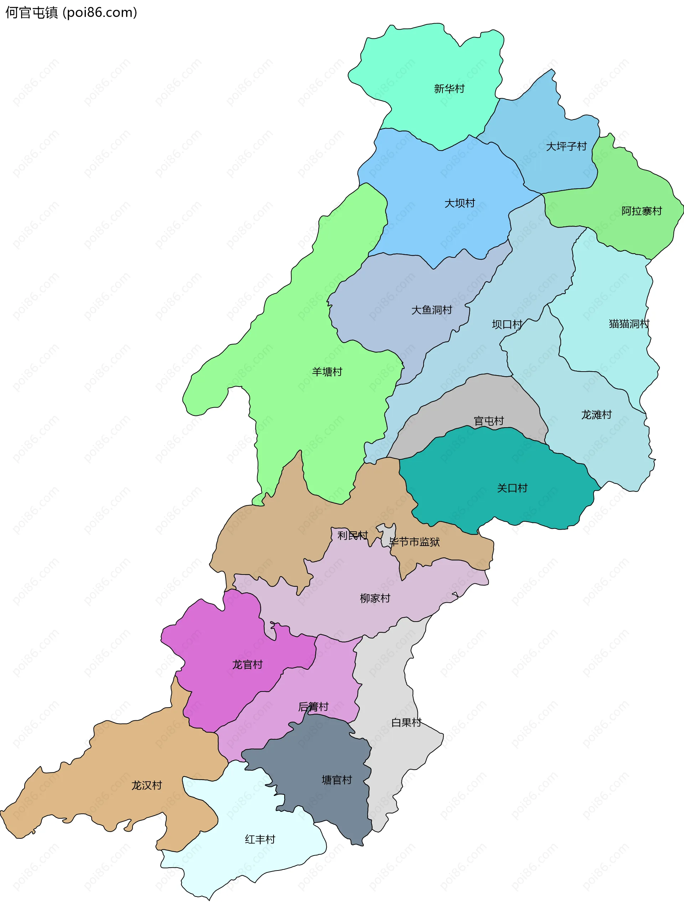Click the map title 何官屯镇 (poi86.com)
[x=71, y=13]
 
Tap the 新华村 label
[x=449, y=89]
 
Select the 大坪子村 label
[x=566, y=146]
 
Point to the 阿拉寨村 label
[x=641, y=211]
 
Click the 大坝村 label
[x=459, y=203]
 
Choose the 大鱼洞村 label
[x=431, y=310]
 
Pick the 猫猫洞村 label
[x=628, y=323]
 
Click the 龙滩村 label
[x=596, y=415]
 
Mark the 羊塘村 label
[x=327, y=372]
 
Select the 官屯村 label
[x=488, y=421]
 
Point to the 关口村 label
[x=512, y=488]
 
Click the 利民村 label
[x=352, y=535]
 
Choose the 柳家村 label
[x=375, y=598]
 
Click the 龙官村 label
[x=247, y=665]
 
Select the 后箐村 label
[x=313, y=706]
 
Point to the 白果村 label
[x=406, y=723]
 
